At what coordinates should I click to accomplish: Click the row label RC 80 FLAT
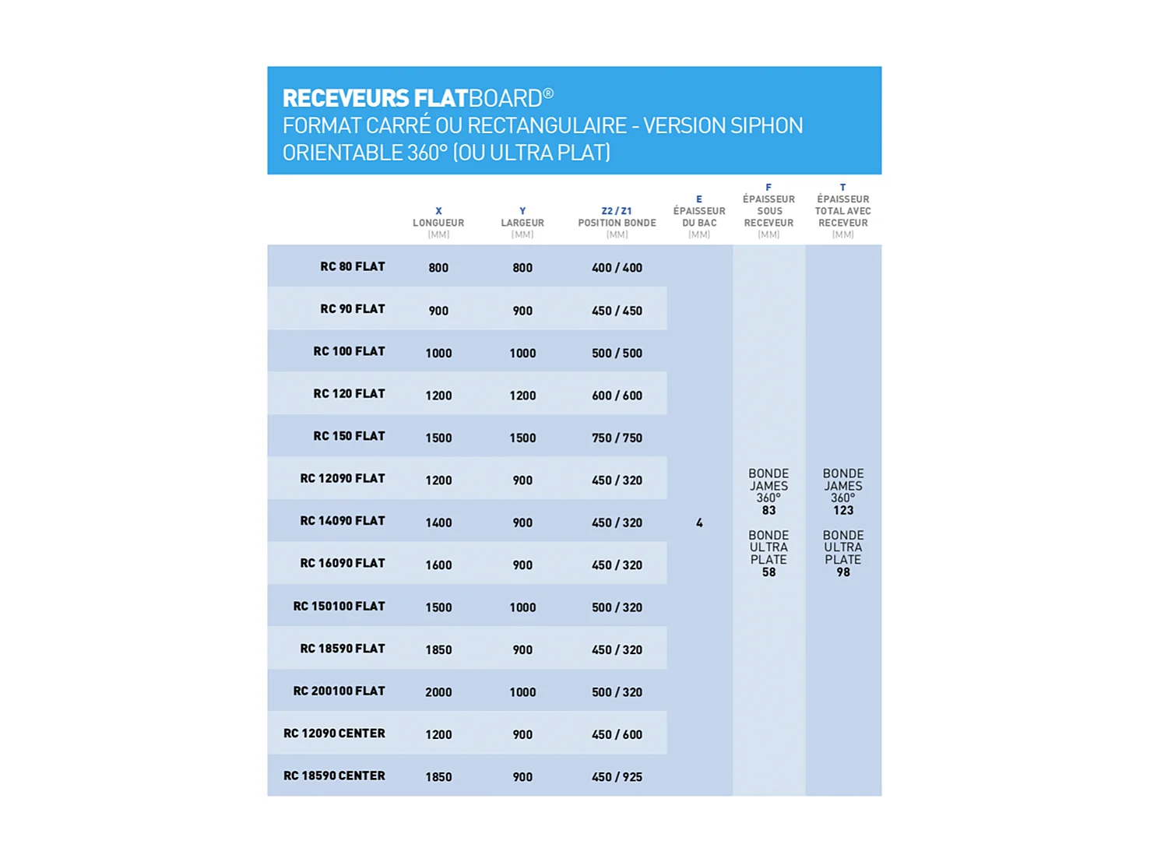[x=352, y=266]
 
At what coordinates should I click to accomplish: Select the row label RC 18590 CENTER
[x=334, y=776]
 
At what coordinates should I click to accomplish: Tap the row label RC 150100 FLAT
[x=339, y=606]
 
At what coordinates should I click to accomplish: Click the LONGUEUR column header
[x=438, y=223]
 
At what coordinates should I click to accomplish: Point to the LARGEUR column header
[x=522, y=223]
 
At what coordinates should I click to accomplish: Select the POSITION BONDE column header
[x=617, y=223]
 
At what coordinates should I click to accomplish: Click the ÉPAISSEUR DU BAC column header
[x=699, y=216]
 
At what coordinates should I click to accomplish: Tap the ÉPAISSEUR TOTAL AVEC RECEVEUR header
[x=842, y=211]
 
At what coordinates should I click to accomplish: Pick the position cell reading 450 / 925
[x=617, y=776]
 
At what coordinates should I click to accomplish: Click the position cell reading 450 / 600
[x=617, y=734]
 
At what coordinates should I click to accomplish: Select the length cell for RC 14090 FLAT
[x=438, y=522]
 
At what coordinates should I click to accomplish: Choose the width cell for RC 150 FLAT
[x=522, y=438]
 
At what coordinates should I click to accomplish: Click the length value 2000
[x=438, y=691]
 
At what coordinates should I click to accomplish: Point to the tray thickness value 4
[x=699, y=522]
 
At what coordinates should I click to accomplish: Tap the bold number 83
[x=768, y=511]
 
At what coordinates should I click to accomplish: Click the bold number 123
[x=842, y=511]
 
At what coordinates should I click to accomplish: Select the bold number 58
[x=768, y=572]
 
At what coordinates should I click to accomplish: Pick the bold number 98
[x=842, y=572]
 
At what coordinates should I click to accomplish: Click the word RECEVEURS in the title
[x=346, y=98]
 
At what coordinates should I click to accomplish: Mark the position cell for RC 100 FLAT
[x=617, y=353]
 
